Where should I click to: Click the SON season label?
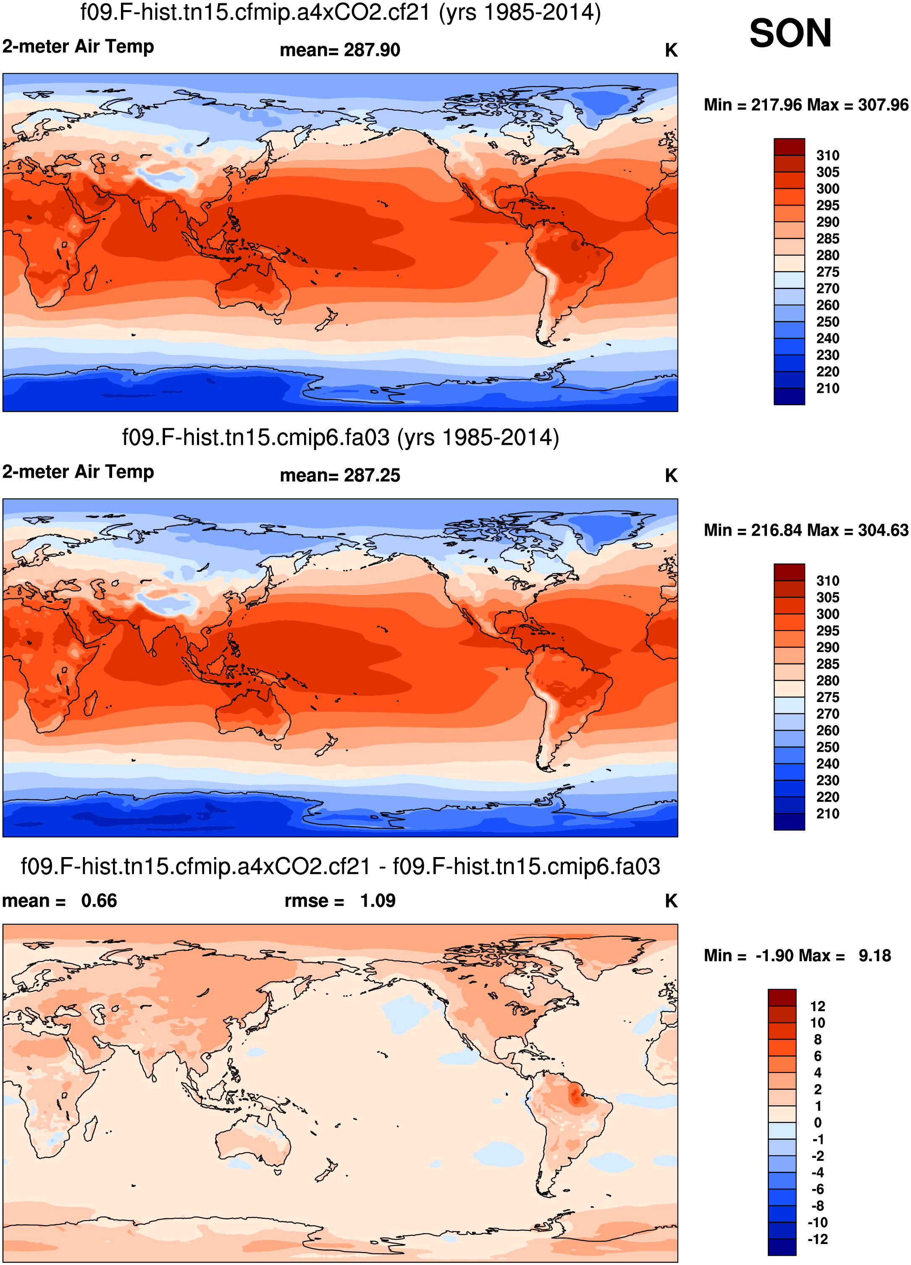pyautogui.click(x=790, y=34)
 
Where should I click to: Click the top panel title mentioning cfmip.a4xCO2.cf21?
pyautogui.click(x=341, y=12)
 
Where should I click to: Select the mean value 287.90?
pyautogui.click(x=372, y=50)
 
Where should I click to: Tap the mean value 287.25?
pyautogui.click(x=372, y=475)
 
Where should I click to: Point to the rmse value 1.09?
pyautogui.click(x=378, y=900)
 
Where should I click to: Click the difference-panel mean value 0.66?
pyautogui.click(x=99, y=900)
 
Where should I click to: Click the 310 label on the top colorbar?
pyautogui.click(x=827, y=155)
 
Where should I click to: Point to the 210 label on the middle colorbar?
pyautogui.click(x=827, y=814)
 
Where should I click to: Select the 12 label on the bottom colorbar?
pyautogui.click(x=817, y=1006)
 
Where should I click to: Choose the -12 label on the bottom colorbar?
pyautogui.click(x=817, y=1239)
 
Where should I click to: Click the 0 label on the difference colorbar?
pyautogui.click(x=817, y=1122)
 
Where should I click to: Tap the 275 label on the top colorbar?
pyautogui.click(x=827, y=272)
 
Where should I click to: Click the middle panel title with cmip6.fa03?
pyautogui.click(x=341, y=438)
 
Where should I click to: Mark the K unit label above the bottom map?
pyautogui.click(x=671, y=901)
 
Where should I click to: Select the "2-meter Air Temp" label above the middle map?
pyautogui.click(x=78, y=472)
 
